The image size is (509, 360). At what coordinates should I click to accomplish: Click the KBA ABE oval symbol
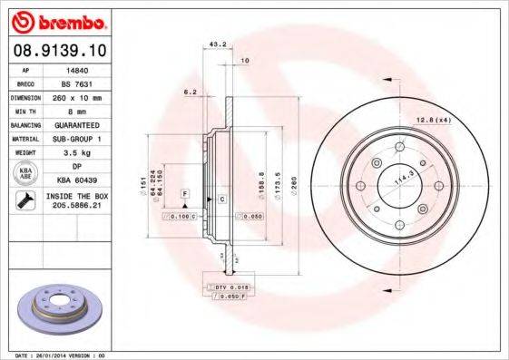pyautogui.click(x=26, y=173)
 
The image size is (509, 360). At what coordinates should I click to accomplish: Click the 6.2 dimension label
pyautogui.click(x=190, y=92)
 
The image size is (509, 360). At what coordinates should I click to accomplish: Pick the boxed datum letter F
pyautogui.click(x=185, y=193)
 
